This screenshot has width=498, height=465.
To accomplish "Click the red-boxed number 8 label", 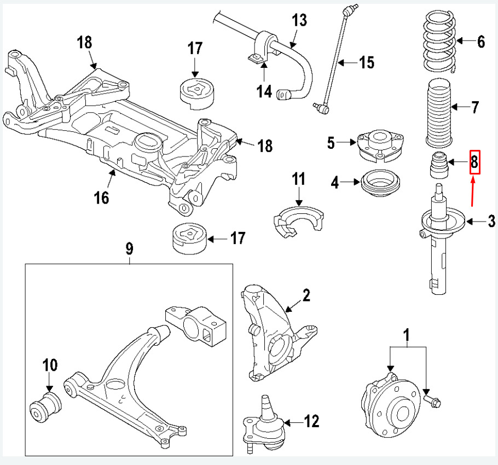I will pos(474,162).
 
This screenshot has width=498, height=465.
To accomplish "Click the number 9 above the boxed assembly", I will pos(129,249).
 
